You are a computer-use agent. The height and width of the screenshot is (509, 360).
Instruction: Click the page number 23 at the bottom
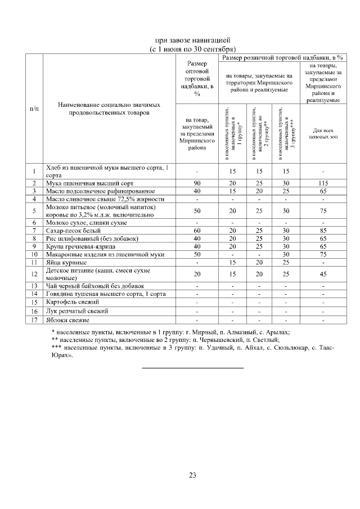(x=192, y=476)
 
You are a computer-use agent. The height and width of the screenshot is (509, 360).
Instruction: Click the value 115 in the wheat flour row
(x=323, y=183)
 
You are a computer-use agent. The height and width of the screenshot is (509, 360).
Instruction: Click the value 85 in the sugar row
(x=323, y=231)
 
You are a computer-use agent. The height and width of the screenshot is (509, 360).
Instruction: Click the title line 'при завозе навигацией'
(x=192, y=40)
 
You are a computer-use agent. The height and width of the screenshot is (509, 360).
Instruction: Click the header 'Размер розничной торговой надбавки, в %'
(x=283, y=57)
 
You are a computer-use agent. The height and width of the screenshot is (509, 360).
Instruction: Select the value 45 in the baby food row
(x=323, y=274)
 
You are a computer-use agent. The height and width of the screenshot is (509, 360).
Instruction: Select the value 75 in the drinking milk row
(x=323, y=211)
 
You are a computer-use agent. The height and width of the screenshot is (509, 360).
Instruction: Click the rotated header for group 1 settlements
(x=232, y=133)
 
